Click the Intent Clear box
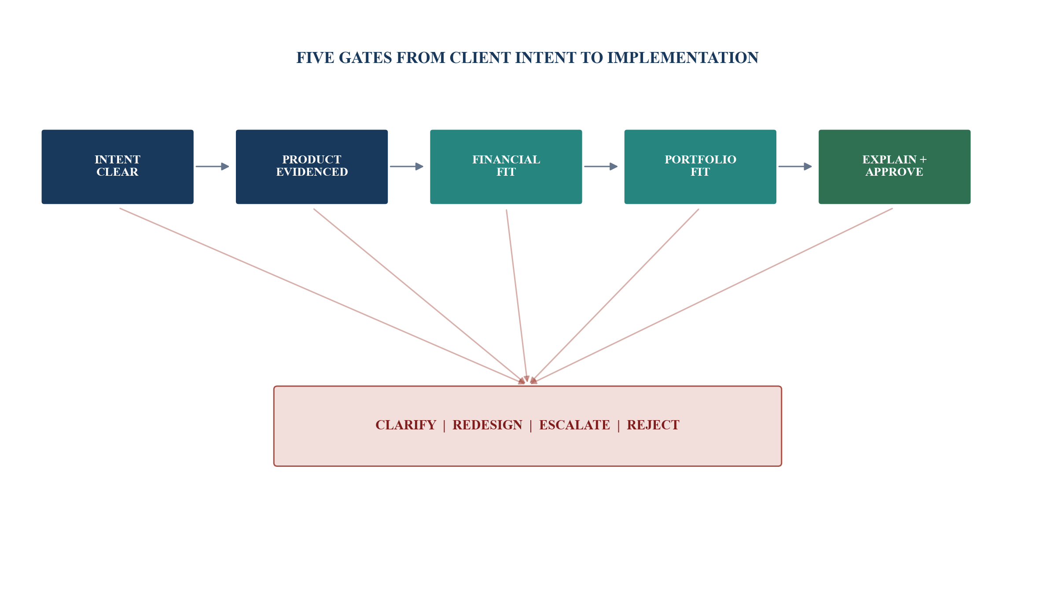(x=118, y=166)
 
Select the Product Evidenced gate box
(x=312, y=166)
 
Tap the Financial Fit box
(x=506, y=166)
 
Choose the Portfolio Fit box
(x=700, y=166)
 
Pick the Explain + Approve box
(x=894, y=166)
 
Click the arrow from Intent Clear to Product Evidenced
(x=212, y=166)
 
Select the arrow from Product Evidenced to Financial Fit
(x=407, y=166)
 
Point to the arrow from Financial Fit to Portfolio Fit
(x=601, y=166)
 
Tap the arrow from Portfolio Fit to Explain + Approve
(x=795, y=166)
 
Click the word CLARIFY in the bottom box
(x=406, y=425)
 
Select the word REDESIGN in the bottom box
(x=487, y=425)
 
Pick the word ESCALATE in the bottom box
(x=574, y=425)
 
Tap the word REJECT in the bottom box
(x=653, y=425)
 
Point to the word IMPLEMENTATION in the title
(x=683, y=58)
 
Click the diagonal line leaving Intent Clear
(x=322, y=296)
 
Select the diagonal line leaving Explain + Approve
(x=711, y=296)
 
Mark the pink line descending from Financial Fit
(x=517, y=296)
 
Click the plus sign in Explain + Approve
(x=923, y=159)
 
